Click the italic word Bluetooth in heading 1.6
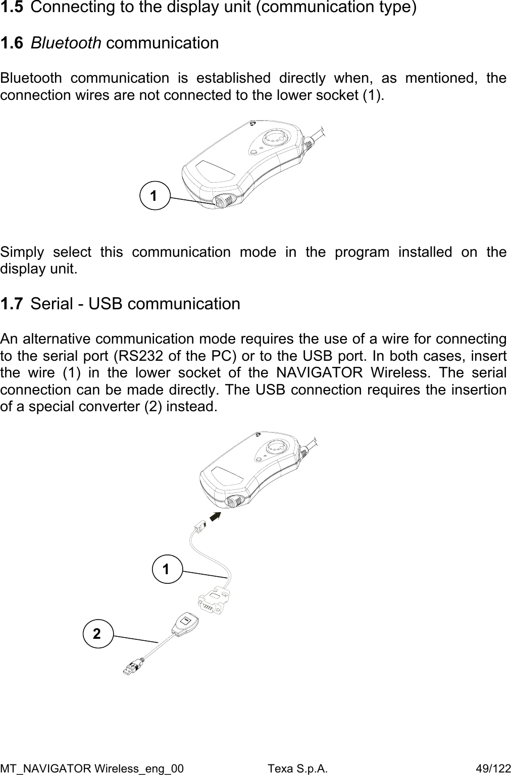point(66,43)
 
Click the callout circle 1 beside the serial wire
point(167,568)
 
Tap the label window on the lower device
point(226,477)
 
